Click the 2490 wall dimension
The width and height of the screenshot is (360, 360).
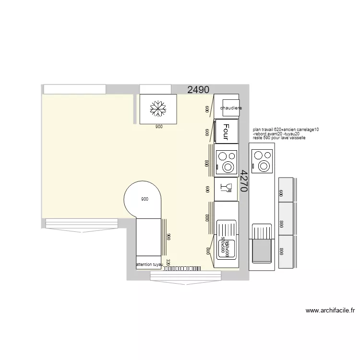click(198, 89)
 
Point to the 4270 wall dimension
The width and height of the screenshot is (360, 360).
click(243, 181)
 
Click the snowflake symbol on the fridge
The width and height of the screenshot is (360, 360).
click(158, 108)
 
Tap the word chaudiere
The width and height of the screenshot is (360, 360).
click(231, 108)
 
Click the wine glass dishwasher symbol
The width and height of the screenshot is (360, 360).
click(226, 188)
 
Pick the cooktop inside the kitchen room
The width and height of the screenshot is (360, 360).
click(226, 161)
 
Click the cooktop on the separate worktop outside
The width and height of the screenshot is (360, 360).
click(263, 161)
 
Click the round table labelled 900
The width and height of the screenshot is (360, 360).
click(143, 199)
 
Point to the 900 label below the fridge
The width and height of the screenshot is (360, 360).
click(158, 127)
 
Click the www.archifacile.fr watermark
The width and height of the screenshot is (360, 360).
click(330, 310)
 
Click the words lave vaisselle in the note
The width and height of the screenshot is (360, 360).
click(293, 138)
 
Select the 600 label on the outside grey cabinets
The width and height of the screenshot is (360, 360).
click(281, 193)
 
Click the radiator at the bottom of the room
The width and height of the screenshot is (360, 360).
click(181, 268)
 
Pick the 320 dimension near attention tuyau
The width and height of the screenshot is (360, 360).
click(168, 262)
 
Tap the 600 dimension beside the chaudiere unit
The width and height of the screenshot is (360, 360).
click(207, 109)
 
